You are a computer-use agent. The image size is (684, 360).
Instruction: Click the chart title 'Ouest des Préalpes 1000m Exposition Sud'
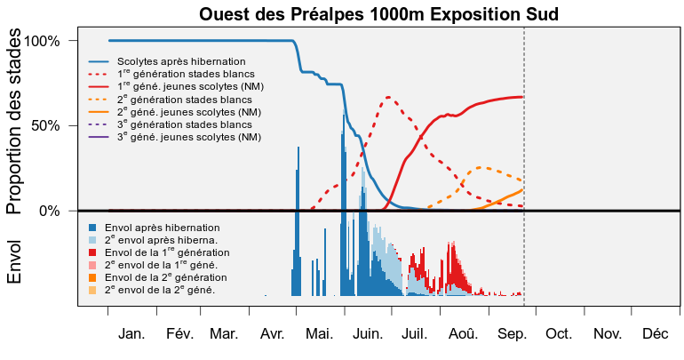pyautogui.click(x=378, y=14)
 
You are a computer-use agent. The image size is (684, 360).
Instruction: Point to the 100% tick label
pyautogui.click(x=42, y=41)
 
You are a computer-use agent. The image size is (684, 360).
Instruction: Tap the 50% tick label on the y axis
pyautogui.click(x=45, y=126)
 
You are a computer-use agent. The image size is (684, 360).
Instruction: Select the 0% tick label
pyautogui.click(x=49, y=212)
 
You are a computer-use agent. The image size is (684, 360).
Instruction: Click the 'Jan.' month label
pyautogui.click(x=131, y=334)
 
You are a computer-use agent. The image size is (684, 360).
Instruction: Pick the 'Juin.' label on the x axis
pyautogui.click(x=368, y=334)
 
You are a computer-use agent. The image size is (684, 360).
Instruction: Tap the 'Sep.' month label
pyautogui.click(x=513, y=335)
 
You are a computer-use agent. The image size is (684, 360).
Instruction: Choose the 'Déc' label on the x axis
pyautogui.click(x=656, y=334)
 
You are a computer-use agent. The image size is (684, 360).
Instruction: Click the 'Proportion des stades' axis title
pyautogui.click(x=14, y=121)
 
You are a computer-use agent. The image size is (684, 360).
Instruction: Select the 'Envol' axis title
pyautogui.click(x=14, y=262)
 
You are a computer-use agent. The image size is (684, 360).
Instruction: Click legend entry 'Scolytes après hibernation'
pyautogui.click(x=181, y=61)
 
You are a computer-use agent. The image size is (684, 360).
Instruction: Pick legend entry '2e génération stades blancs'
pyautogui.click(x=185, y=100)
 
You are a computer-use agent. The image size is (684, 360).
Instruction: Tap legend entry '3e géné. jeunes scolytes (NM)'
pyautogui.click(x=189, y=137)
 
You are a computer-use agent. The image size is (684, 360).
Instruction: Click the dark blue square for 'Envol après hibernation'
pyautogui.click(x=92, y=228)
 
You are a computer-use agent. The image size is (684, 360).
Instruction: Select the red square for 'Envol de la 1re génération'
pyautogui.click(x=92, y=252)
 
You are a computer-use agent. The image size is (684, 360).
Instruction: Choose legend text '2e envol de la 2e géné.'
pyautogui.click(x=160, y=290)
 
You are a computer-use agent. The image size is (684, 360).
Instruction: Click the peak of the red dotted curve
pyautogui.click(x=388, y=97)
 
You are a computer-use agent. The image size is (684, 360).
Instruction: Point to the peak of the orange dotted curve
pyautogui.click(x=480, y=167)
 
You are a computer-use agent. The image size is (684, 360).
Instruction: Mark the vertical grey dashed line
pyautogui.click(x=524, y=166)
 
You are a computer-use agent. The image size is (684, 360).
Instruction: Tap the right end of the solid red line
pyautogui.click(x=522, y=97)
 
